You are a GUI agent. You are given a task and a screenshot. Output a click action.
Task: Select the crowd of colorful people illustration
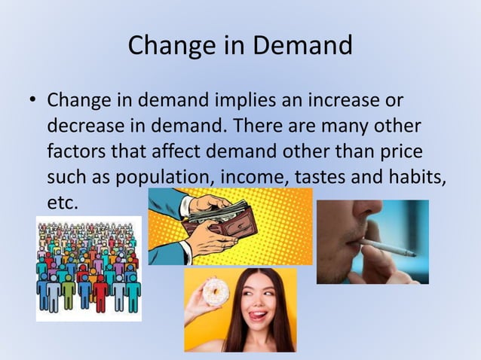(88, 268)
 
